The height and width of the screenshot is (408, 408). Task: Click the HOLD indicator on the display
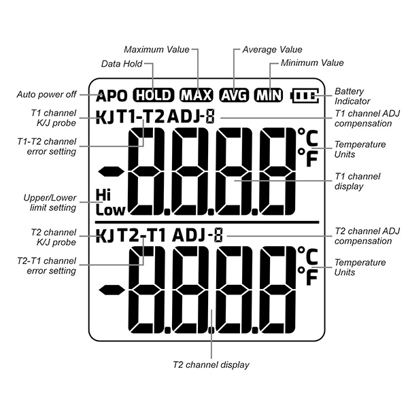[x=153, y=95]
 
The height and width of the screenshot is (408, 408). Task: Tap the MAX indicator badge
[x=197, y=95]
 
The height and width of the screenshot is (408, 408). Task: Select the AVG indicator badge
[x=234, y=95]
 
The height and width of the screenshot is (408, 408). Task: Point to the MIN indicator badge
[x=269, y=95]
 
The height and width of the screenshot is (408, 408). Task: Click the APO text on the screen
[x=112, y=95]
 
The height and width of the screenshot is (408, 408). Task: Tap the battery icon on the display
[x=305, y=95]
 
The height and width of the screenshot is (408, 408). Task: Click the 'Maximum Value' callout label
[x=156, y=50]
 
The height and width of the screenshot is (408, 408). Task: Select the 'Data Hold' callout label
[x=122, y=64]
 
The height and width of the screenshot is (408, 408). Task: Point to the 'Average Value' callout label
[x=272, y=50]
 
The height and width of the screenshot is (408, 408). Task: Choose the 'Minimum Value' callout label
[x=312, y=63]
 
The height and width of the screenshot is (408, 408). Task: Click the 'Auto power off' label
[x=46, y=95]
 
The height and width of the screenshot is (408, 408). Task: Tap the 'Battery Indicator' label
[x=352, y=96]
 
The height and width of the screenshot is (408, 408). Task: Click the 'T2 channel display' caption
[x=211, y=364]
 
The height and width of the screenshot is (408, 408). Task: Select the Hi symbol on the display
[x=103, y=194]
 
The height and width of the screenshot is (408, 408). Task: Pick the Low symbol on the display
[x=110, y=210]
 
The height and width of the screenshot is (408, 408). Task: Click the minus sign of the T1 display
[x=111, y=172]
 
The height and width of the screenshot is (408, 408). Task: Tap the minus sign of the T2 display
[x=111, y=290]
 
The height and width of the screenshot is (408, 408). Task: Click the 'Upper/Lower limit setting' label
[x=50, y=203]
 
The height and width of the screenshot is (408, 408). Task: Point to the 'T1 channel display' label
[x=357, y=182]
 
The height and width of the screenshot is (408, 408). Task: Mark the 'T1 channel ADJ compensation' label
[x=367, y=118]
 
